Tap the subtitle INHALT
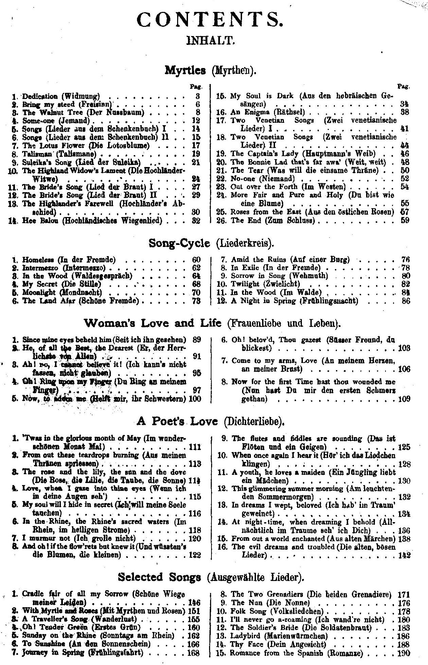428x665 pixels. click(x=211, y=41)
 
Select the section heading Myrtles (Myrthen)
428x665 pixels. click(x=210, y=71)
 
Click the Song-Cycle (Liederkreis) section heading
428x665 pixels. click(x=211, y=244)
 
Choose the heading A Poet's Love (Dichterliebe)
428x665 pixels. click(x=210, y=422)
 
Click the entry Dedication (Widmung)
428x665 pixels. click(x=61, y=96)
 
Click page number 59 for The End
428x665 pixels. click(x=405, y=220)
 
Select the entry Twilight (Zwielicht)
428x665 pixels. click(x=265, y=284)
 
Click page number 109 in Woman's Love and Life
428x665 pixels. click(x=404, y=399)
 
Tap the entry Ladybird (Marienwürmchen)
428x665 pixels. click(x=279, y=636)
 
